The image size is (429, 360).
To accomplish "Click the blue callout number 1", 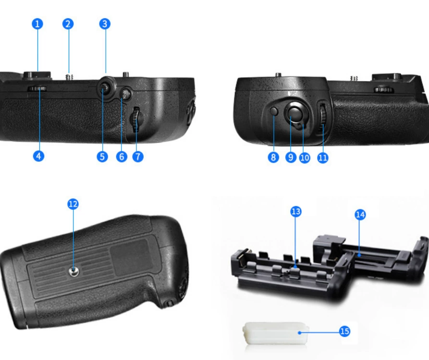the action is pyautogui.click(x=37, y=24).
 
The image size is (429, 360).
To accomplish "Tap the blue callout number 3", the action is pyautogui.click(x=105, y=24).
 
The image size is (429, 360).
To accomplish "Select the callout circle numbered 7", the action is pyautogui.click(x=138, y=156).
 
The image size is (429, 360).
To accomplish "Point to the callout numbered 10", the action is pyautogui.click(x=305, y=158).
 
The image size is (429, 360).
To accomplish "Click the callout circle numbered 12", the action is pyautogui.click(x=73, y=204).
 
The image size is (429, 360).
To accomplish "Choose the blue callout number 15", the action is pyautogui.click(x=344, y=331).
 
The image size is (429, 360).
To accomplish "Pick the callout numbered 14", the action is pyautogui.click(x=360, y=215).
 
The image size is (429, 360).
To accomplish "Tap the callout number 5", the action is pyautogui.click(x=102, y=156).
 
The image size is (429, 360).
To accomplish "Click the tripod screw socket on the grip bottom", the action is pyautogui.click(x=74, y=271).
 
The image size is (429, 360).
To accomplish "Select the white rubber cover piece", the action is pyautogui.click(x=276, y=333).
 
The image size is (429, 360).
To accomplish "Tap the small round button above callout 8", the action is pyautogui.click(x=274, y=111).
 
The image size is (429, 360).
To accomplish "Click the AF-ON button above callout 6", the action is pyautogui.click(x=125, y=94).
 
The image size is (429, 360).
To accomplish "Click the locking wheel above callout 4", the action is pyautogui.click(x=37, y=89).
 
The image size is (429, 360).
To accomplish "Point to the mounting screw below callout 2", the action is pyautogui.click(x=70, y=77).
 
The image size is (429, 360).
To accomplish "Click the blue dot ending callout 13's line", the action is pyautogui.click(x=295, y=266).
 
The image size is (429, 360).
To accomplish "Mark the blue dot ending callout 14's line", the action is pyautogui.click(x=359, y=255).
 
